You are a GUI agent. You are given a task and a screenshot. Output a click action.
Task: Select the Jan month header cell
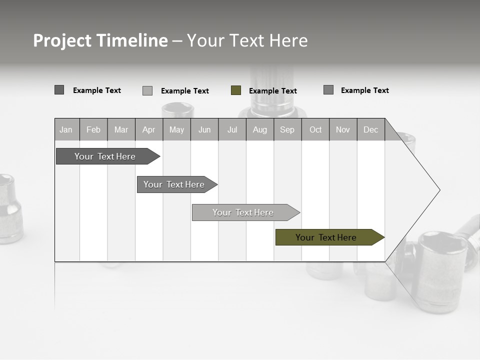click(66, 129)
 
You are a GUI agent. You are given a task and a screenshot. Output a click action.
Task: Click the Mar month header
click(121, 129)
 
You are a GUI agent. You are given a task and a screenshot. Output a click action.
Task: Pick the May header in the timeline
click(176, 129)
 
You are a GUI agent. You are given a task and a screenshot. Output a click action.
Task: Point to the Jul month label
click(232, 129)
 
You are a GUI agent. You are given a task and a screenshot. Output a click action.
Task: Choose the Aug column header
click(260, 129)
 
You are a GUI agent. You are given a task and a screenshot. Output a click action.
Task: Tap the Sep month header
click(287, 129)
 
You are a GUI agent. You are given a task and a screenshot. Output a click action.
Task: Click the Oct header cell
click(315, 129)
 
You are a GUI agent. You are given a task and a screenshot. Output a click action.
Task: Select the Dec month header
click(370, 129)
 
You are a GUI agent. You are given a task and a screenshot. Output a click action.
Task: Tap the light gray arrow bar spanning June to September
click(243, 212)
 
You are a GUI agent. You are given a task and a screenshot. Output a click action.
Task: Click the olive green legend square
click(236, 90)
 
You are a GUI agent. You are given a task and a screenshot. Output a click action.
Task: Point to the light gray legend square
click(147, 90)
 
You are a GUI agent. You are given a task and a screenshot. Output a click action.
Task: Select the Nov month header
click(343, 129)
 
